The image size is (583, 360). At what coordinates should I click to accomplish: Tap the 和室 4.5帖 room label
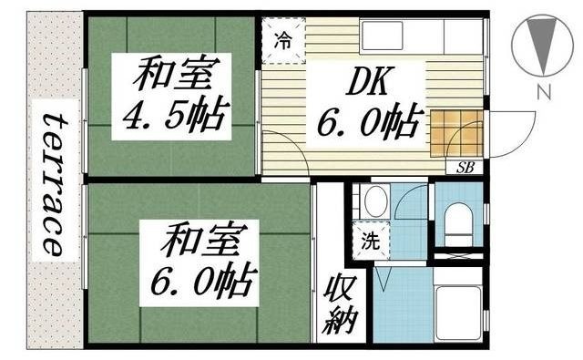(x=171, y=96)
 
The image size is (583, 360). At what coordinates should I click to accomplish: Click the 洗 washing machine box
(x=371, y=242)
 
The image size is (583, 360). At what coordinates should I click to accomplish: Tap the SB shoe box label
(x=465, y=167)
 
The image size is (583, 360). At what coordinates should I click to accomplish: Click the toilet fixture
(x=458, y=221)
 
